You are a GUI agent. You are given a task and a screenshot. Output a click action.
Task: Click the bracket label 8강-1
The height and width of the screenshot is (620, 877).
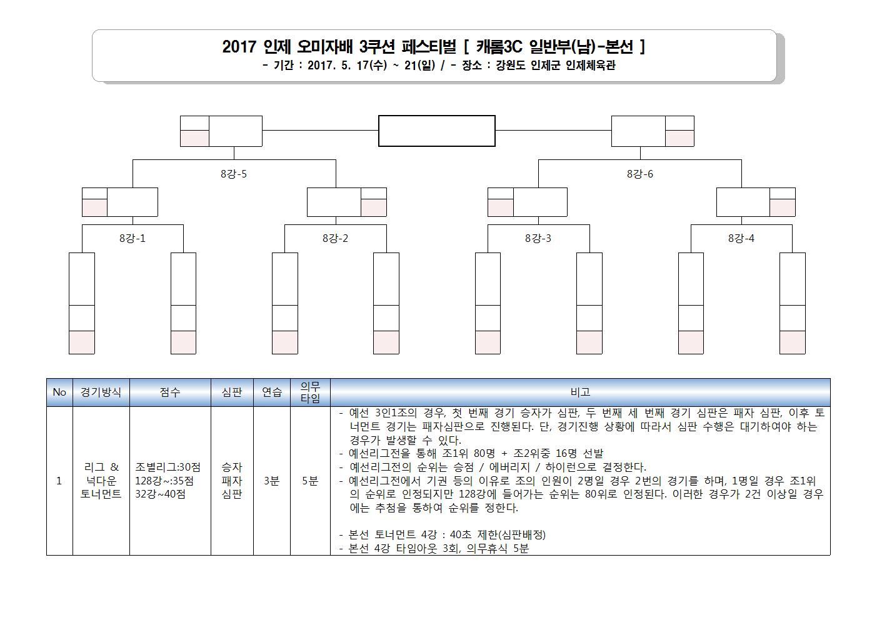click(x=133, y=238)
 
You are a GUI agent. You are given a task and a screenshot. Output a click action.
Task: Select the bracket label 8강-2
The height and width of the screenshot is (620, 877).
click(x=335, y=238)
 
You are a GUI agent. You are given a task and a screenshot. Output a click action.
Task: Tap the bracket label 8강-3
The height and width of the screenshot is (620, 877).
click(x=538, y=238)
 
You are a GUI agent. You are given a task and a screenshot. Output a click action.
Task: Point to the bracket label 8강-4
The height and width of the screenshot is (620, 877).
click(x=741, y=238)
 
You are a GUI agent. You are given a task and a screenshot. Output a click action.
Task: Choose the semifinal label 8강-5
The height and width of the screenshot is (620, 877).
click(x=234, y=174)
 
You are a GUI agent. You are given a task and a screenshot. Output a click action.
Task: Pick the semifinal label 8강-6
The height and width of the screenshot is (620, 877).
click(x=640, y=174)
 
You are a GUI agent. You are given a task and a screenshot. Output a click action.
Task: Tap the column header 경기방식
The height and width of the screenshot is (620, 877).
click(x=101, y=392)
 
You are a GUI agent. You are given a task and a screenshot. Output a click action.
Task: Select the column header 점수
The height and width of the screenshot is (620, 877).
click(x=170, y=392)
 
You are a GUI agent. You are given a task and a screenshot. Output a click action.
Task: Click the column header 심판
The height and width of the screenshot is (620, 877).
click(x=232, y=392)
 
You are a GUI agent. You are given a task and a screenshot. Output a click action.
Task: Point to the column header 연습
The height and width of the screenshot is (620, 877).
click(x=272, y=392)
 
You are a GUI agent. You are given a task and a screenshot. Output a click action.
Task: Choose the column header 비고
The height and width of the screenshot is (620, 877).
click(x=580, y=392)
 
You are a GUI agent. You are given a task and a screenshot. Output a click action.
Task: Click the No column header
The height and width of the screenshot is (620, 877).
click(x=59, y=392)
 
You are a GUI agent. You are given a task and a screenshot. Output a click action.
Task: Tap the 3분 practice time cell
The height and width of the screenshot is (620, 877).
click(x=272, y=481)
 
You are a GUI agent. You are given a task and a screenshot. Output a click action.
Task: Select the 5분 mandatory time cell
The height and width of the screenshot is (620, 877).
click(x=310, y=481)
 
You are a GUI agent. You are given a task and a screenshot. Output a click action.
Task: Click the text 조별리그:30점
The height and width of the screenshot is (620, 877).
click(x=168, y=467)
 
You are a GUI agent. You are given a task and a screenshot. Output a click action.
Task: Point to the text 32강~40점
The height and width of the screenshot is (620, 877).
click(x=160, y=494)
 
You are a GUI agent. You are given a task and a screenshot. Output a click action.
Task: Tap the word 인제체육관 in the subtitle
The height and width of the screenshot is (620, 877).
click(x=591, y=65)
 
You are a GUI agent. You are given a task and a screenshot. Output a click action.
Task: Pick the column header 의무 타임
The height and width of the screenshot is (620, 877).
click(x=310, y=392)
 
